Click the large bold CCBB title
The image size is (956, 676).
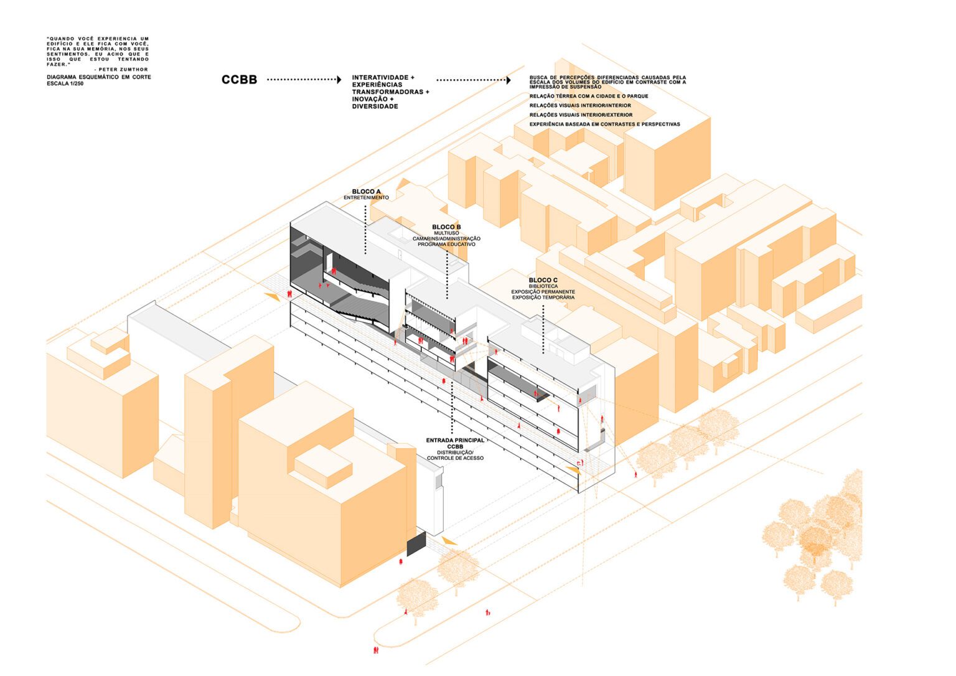(239, 80)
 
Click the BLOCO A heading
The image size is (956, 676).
(366, 192)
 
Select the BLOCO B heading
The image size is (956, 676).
(446, 227)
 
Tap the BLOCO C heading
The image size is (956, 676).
(543, 281)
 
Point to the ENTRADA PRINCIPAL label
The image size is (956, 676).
(455, 441)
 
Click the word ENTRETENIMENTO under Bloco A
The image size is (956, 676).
(366, 198)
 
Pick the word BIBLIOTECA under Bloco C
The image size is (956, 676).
(543, 286)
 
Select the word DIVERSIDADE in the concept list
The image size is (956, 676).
(375, 106)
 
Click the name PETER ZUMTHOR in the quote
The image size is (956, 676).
(123, 70)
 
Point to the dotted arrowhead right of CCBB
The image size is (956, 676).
(339, 80)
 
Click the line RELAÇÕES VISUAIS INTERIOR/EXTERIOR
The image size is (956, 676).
(581, 115)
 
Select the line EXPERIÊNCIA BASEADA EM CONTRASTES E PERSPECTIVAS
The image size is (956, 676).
(604, 124)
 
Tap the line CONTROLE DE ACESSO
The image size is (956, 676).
(455, 458)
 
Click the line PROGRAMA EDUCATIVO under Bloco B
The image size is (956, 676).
(446, 245)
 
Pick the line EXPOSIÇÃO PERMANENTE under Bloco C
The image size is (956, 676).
(543, 292)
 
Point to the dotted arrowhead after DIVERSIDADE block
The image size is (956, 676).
(508, 80)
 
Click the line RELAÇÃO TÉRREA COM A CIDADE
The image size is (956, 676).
(589, 96)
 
